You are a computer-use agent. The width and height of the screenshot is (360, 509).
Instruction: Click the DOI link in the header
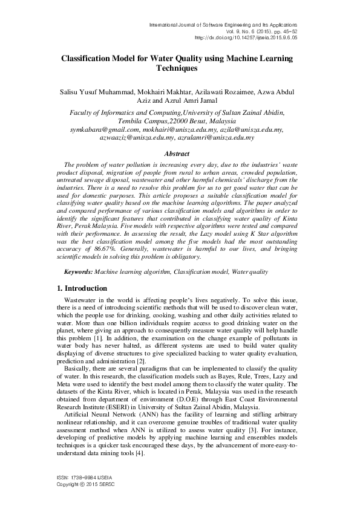(246, 36)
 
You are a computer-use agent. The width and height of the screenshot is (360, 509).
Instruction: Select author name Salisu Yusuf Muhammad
(94, 92)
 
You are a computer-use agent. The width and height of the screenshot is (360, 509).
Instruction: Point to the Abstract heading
(180, 154)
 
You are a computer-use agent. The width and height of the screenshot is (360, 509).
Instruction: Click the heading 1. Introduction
(77, 289)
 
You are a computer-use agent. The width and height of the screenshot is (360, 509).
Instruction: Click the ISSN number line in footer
(81, 478)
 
